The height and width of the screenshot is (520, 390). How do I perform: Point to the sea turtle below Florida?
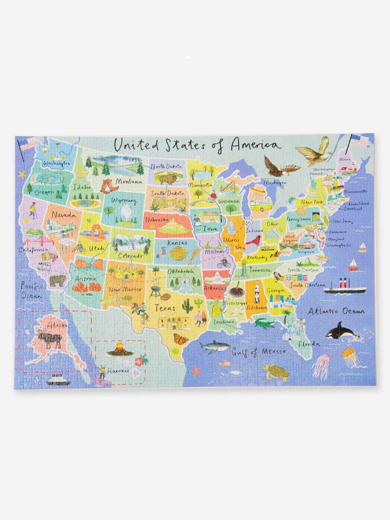276,372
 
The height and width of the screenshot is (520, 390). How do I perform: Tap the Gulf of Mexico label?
258,352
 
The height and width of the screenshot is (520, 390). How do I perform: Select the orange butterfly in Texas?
181,339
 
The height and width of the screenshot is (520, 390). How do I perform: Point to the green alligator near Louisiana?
265,324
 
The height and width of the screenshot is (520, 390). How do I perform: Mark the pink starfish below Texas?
196,371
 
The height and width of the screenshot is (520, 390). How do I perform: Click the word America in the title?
255,144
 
